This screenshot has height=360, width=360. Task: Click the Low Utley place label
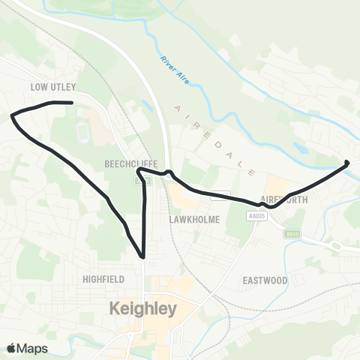point(53,87)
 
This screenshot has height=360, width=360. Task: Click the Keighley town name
point(142,308)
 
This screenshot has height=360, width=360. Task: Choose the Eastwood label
point(265,280)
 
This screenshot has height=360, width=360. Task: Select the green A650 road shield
point(292,234)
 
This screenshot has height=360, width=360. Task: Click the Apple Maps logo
point(26,348)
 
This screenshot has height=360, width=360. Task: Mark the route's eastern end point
point(346,162)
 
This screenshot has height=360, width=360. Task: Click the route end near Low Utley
point(71,103)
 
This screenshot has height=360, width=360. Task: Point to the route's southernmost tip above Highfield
point(142,257)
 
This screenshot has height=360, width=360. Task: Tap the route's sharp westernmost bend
point(12,115)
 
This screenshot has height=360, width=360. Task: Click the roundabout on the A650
point(336,246)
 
